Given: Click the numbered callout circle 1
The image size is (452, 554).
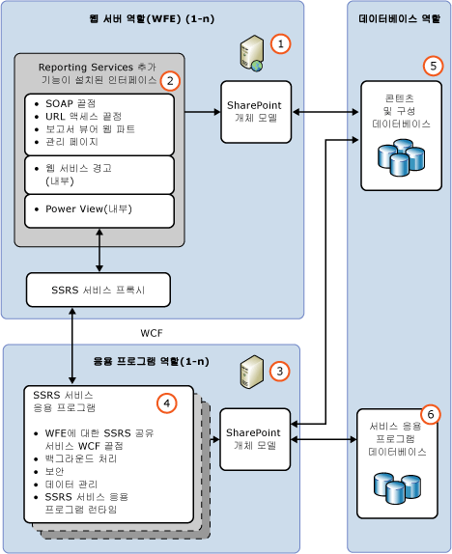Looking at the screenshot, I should tap(280, 43).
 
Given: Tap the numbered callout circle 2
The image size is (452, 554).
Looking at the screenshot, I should tap(169, 80).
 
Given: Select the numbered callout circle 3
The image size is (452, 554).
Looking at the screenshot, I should tap(278, 371).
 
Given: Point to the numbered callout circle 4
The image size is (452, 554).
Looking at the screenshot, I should tap(168, 402).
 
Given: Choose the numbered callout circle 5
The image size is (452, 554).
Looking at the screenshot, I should tap(432, 66).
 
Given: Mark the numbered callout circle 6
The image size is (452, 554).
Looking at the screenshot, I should tap(432, 414).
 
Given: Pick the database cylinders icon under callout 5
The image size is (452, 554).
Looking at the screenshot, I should tap(400, 157).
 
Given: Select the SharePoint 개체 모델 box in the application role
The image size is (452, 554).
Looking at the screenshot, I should tap(255, 439).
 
